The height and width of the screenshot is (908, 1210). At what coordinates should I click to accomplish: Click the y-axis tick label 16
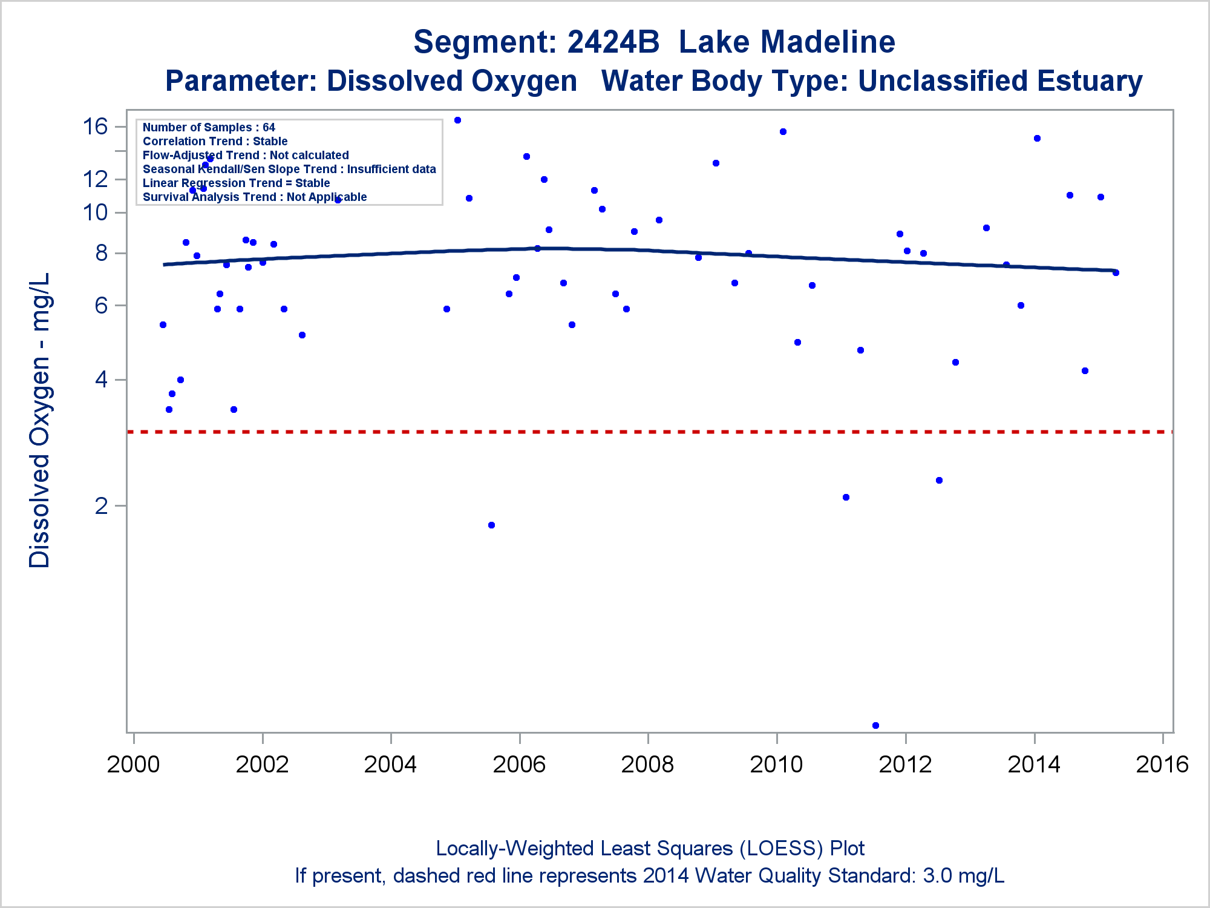point(95,127)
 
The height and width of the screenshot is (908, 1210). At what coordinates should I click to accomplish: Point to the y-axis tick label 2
point(101,505)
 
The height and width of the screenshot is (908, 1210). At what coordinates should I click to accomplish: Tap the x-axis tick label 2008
point(647,764)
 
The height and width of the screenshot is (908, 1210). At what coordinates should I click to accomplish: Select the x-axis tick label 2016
point(1162,764)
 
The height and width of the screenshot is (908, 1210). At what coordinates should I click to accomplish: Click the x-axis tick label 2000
point(133,764)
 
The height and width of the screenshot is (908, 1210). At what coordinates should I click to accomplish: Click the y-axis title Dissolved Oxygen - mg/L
point(40,420)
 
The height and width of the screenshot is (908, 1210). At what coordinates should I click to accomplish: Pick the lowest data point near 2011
point(875,725)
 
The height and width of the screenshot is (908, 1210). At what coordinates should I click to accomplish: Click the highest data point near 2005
point(457,120)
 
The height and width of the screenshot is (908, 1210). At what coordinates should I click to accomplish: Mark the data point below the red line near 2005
point(491,525)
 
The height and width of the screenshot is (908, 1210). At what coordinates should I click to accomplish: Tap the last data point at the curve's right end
point(1116,272)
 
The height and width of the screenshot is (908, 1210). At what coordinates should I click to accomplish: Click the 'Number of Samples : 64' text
point(209,127)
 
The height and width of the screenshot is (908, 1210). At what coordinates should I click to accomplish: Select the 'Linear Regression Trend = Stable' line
point(236,183)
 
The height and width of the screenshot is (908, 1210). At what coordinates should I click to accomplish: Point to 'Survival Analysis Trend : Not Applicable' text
point(255,197)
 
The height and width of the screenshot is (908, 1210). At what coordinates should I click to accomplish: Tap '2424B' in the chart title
point(613,42)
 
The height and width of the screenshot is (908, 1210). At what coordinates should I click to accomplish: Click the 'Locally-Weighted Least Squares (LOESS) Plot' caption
point(650,848)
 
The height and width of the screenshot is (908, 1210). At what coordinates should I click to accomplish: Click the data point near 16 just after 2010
point(783,131)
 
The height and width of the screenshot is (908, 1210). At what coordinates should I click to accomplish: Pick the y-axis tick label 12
point(95,179)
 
